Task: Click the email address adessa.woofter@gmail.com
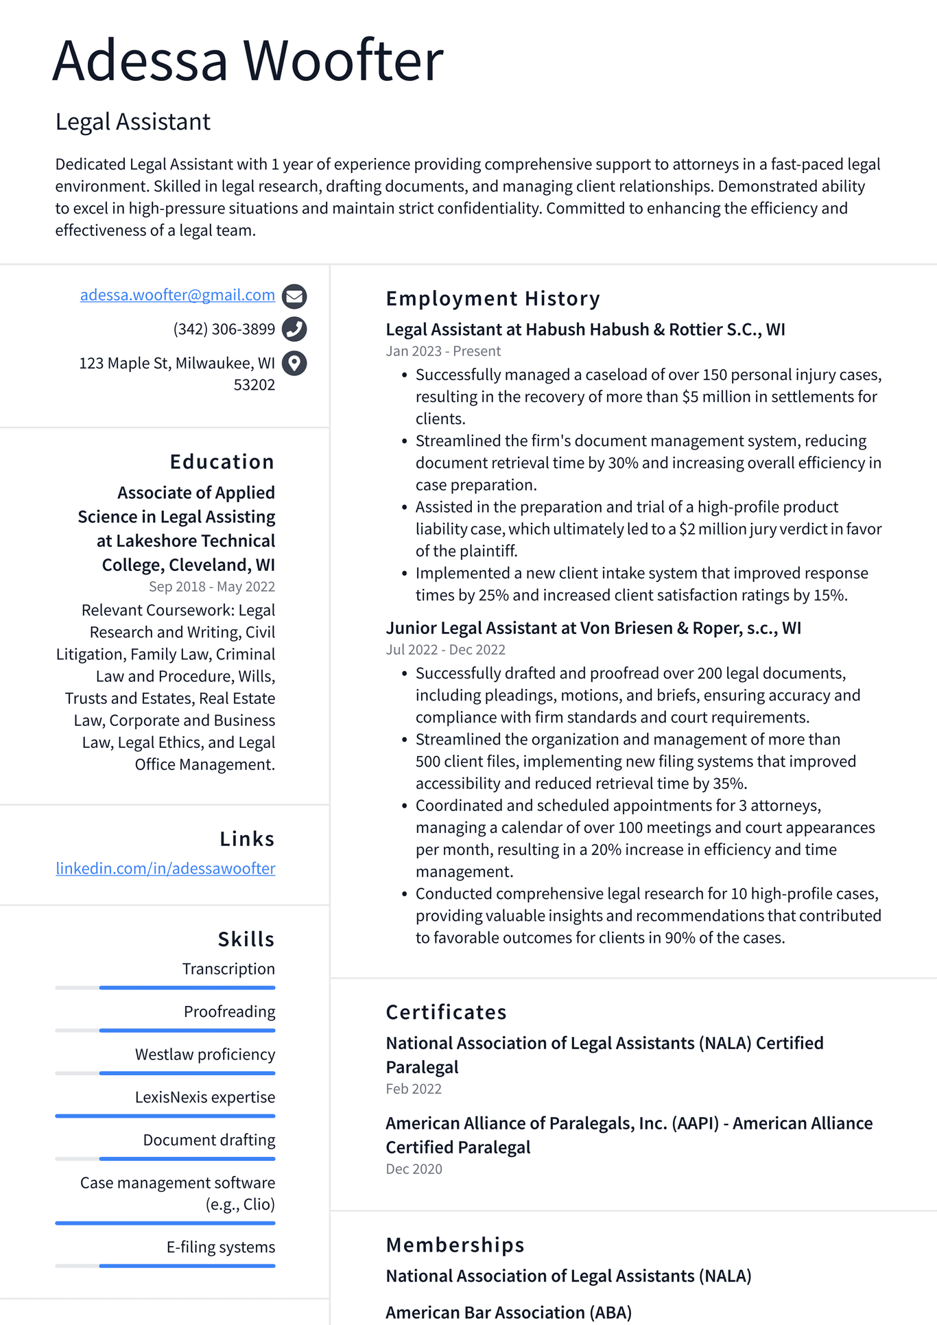pos(177,295)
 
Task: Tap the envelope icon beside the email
pos(294,296)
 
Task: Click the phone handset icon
pos(294,329)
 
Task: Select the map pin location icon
pos(294,362)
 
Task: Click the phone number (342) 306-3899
pos(224,329)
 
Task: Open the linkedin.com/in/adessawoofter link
pos(165,868)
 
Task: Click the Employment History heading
pos(493,298)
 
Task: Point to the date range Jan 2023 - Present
pos(443,351)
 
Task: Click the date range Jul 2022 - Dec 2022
pos(445,650)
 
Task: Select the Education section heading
pos(222,462)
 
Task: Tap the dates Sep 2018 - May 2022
pos(211,587)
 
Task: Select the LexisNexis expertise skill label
pos(204,1097)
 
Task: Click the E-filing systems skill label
pos(220,1247)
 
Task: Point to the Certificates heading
pos(446,1012)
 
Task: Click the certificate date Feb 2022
pos(414,1089)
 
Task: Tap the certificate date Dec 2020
pos(414,1169)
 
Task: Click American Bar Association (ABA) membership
pos(508,1312)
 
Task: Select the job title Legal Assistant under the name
pos(132,121)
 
